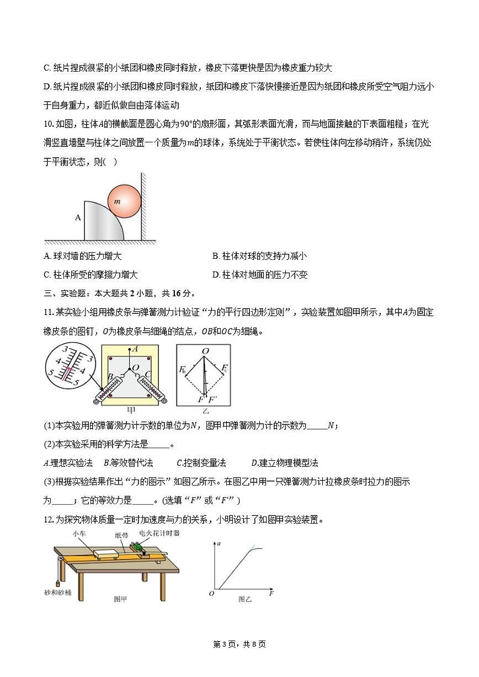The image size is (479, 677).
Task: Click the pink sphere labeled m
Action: pos(123,201)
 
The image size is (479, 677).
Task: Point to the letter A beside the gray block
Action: pos(78,217)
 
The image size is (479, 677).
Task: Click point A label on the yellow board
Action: pos(135,349)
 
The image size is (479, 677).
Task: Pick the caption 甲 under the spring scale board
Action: pos(131,410)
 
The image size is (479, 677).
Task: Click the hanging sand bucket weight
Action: pos(57,582)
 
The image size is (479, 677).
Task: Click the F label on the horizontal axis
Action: pos(272,594)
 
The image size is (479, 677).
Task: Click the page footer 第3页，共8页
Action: pos(239,644)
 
